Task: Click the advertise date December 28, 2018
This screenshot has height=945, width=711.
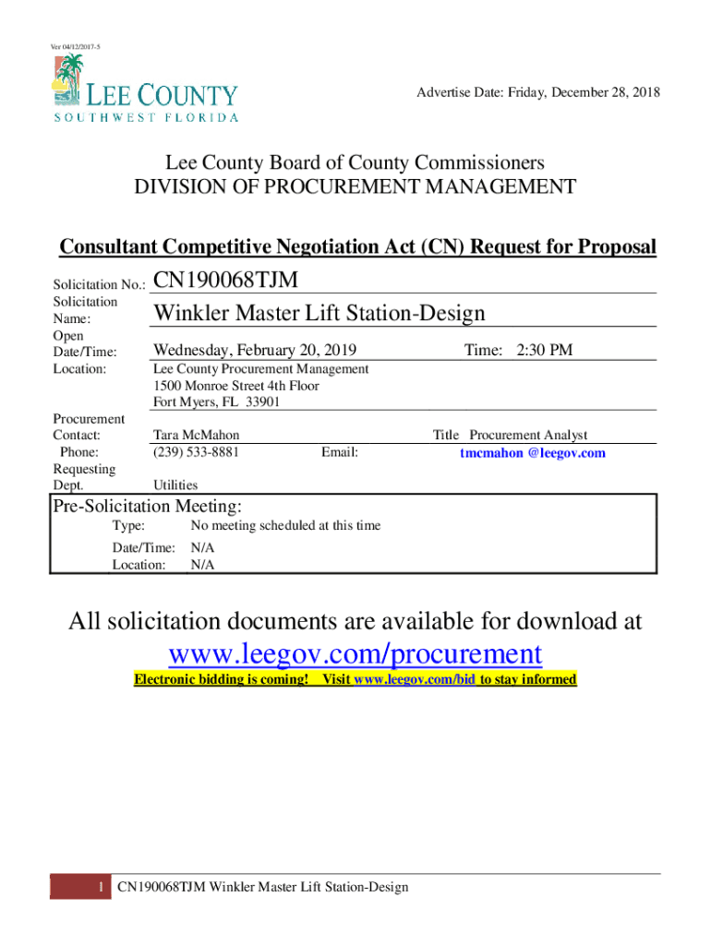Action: point(538,93)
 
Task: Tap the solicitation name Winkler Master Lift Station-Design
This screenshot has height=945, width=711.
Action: point(319,314)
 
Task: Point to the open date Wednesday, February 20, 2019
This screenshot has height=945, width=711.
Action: point(254,350)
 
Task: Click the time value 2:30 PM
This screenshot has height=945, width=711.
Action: point(544,350)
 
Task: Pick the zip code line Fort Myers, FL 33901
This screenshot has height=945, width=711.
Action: point(216,402)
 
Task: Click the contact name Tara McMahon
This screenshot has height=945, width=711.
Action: point(197,436)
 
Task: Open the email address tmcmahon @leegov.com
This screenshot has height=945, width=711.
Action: point(533,453)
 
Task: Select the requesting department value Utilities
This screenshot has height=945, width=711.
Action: point(175,485)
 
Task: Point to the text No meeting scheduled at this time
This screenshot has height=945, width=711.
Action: point(285,526)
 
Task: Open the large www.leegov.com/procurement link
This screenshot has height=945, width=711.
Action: point(355,653)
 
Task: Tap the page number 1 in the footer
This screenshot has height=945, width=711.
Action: point(99,888)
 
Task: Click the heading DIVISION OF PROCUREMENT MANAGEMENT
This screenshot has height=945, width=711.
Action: point(355,187)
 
